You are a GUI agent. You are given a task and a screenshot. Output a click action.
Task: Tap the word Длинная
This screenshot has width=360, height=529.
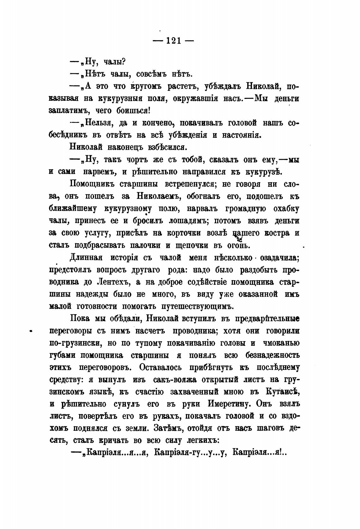(x=86, y=258)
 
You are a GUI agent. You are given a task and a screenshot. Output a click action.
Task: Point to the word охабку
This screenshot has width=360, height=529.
(x=287, y=209)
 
